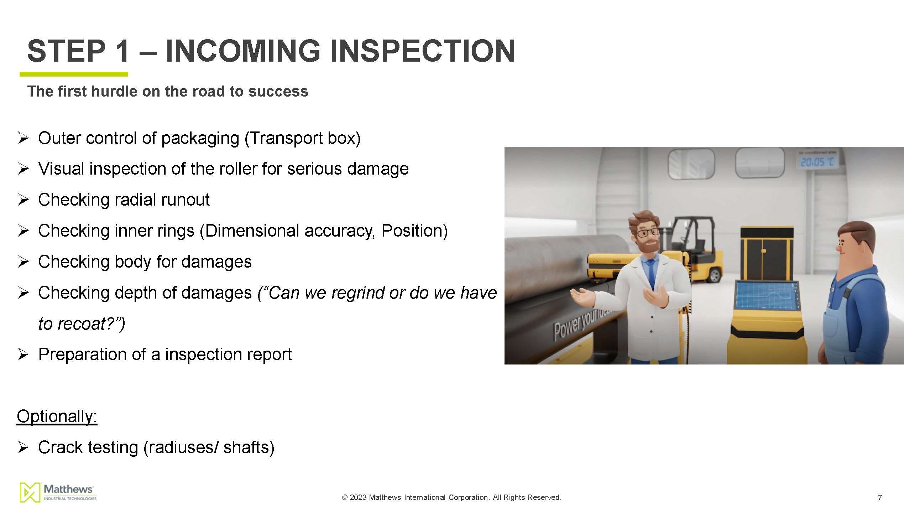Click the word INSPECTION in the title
423,51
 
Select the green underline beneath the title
74,74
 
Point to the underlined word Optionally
57,416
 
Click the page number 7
880,497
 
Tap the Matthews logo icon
30,492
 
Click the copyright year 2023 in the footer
358,497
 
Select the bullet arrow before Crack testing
23,448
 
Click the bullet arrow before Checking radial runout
23,200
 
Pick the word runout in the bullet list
185,200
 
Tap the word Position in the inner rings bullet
411,231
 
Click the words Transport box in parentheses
302,138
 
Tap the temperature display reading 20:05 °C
817,162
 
